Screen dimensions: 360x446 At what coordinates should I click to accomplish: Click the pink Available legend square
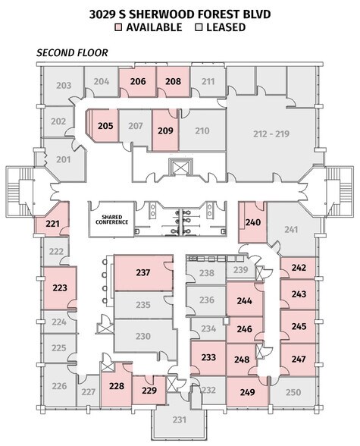click(x=118, y=27)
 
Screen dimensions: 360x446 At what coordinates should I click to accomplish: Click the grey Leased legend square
click(x=199, y=27)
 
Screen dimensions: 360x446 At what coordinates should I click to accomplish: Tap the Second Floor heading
click(x=72, y=53)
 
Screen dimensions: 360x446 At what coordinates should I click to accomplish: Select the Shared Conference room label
click(x=111, y=220)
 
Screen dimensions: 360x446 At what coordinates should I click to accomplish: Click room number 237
click(x=142, y=272)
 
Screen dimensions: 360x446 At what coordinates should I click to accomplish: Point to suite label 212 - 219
click(x=271, y=133)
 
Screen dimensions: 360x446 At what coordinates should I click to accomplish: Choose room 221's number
click(x=52, y=224)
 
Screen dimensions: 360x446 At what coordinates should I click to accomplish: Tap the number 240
click(x=253, y=222)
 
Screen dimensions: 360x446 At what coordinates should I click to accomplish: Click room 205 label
click(x=105, y=126)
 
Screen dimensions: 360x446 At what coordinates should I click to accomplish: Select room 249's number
click(x=247, y=392)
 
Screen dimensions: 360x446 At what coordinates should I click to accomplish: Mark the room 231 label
click(x=180, y=419)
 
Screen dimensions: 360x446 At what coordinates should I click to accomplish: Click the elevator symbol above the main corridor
click(x=180, y=167)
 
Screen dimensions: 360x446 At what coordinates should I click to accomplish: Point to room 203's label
click(x=64, y=85)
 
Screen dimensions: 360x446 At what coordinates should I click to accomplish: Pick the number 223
click(x=60, y=287)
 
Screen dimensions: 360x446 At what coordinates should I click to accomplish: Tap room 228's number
click(x=117, y=385)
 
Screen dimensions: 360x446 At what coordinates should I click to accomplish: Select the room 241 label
click(x=291, y=229)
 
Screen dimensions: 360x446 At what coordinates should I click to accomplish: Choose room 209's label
click(x=165, y=130)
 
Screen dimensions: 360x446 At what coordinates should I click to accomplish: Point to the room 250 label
click(x=293, y=392)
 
